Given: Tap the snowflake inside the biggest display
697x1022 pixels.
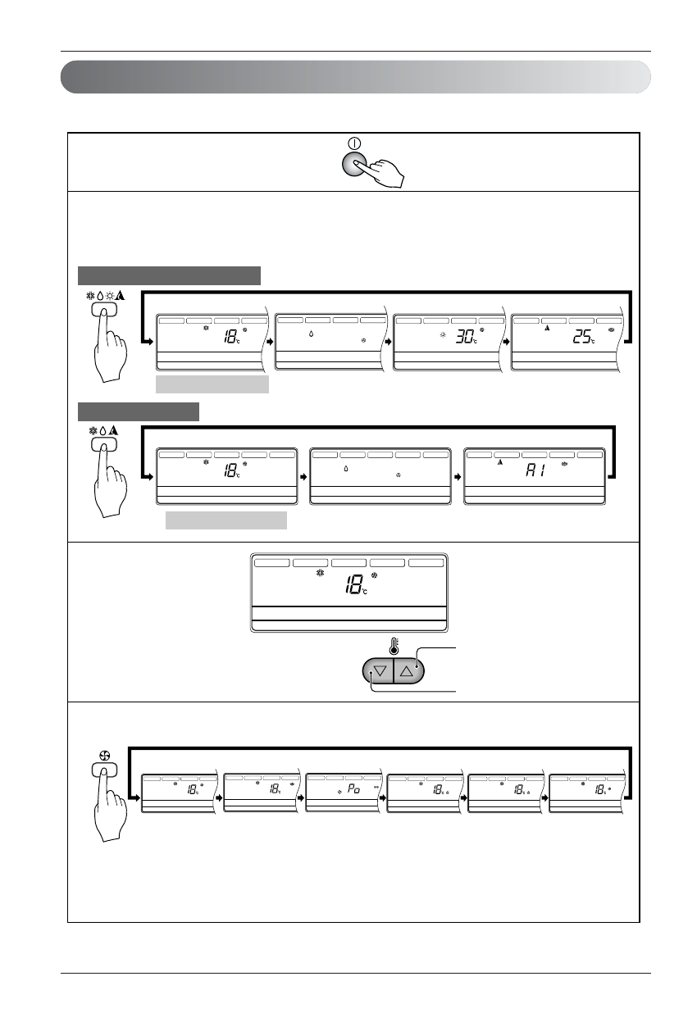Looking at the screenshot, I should click(321, 575).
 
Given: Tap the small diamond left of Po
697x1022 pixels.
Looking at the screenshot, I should click(339, 792).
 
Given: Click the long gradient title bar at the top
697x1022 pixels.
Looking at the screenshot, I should click(356, 76).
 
